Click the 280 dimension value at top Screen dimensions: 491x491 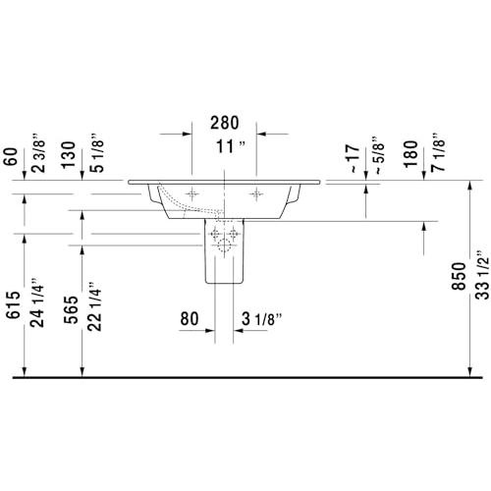coord(225,123)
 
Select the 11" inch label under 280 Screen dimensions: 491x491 coord(231,146)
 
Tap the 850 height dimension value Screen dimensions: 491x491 coord(459,276)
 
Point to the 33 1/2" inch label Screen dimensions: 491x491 coord(482,275)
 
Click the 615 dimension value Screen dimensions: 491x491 coord(14,304)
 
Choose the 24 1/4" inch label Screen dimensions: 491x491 coord(36,302)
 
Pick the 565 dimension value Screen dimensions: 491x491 coord(71,309)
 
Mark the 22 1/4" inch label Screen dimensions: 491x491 coord(94,306)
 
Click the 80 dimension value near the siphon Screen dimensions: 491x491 coord(190,318)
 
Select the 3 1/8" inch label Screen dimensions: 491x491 coord(262,319)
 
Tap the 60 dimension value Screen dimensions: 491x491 coord(11,157)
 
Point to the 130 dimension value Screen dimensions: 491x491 coord(69,155)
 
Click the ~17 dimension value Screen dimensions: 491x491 coord(354,158)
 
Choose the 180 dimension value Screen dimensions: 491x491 coord(410,154)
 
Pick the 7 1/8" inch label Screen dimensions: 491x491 coord(439,152)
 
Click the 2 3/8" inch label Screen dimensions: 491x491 coord(38,153)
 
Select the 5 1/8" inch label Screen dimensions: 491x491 coord(97,153)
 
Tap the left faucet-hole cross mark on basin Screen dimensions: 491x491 coord(191,194)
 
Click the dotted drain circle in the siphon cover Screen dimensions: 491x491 coord(225,245)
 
